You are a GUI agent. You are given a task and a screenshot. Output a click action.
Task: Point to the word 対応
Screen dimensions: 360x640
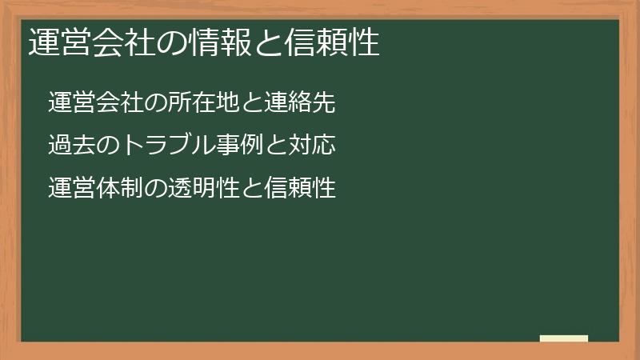[x=310, y=146]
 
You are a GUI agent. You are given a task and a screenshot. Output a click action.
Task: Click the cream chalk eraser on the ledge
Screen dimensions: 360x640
[x=564, y=338]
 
